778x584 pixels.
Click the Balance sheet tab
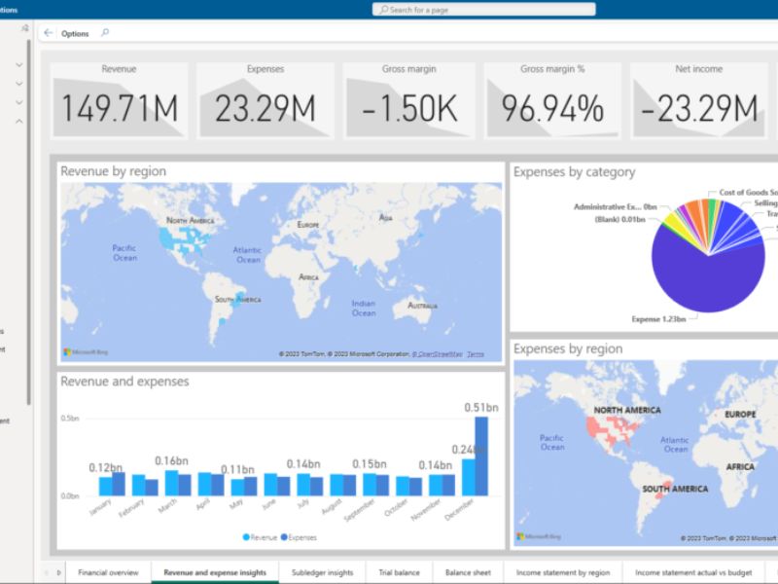click(x=468, y=573)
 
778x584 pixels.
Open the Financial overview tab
click(x=108, y=573)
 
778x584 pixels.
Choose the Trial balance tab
click(x=399, y=573)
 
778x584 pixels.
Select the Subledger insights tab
click(x=322, y=573)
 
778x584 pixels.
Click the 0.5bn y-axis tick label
click(x=70, y=419)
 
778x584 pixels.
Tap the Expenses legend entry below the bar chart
click(x=299, y=536)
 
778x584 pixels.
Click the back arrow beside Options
click(x=49, y=33)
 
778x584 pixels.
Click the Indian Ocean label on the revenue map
click(x=364, y=308)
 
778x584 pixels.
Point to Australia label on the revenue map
click(x=422, y=306)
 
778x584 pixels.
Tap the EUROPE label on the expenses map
click(x=740, y=415)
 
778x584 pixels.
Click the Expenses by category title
click(x=574, y=172)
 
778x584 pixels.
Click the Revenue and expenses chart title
click(x=124, y=382)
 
